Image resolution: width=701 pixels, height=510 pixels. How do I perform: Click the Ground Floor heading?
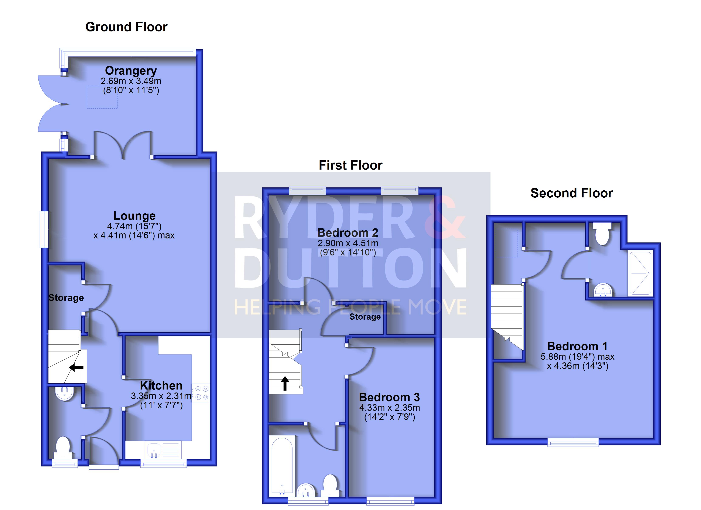[x=126, y=27]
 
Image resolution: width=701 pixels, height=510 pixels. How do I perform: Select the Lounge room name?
[x=134, y=215]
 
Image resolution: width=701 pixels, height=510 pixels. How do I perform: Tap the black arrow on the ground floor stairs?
[x=76, y=367]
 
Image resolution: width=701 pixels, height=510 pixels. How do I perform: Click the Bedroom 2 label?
[x=348, y=232]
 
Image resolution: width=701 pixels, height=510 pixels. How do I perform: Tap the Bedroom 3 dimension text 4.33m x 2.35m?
[x=389, y=408]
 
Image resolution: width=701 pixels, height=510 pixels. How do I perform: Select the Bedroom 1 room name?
[x=577, y=346]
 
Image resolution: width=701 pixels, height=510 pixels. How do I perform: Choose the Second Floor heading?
[x=571, y=193]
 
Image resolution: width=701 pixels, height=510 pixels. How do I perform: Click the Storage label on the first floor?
[x=365, y=317]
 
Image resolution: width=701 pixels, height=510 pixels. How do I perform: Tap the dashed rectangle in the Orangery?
[x=102, y=97]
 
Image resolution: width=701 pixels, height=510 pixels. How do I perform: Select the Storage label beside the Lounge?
[x=66, y=297]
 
